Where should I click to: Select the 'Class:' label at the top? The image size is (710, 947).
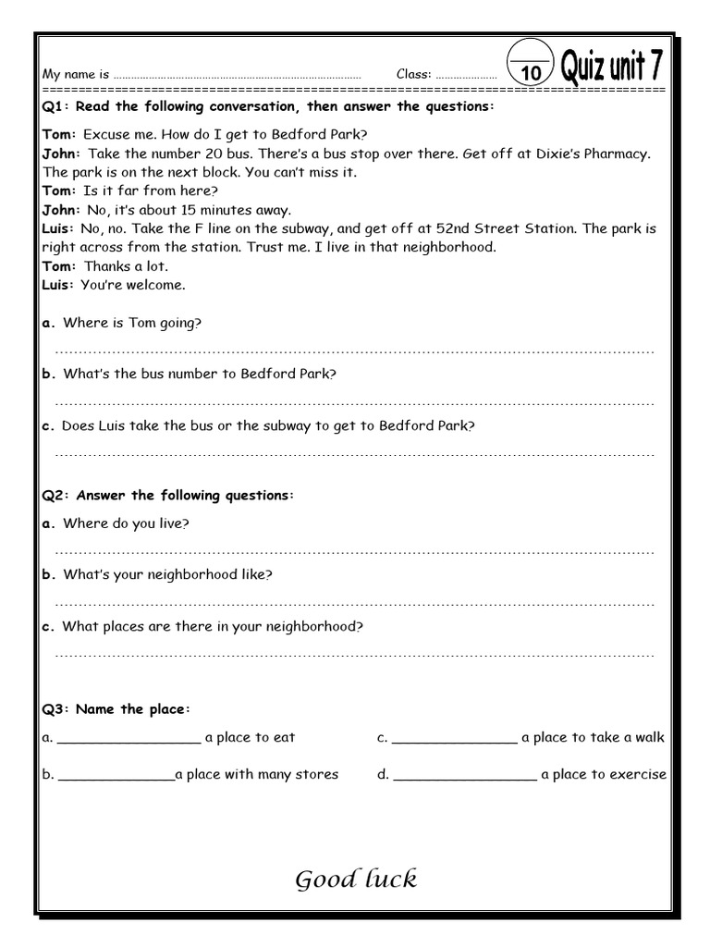click(414, 74)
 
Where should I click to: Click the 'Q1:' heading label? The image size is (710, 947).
click(56, 107)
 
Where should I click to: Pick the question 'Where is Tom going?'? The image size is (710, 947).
click(132, 323)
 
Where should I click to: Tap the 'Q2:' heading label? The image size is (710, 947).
click(56, 496)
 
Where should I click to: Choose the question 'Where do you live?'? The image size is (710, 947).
click(126, 523)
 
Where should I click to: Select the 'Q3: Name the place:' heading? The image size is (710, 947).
click(116, 709)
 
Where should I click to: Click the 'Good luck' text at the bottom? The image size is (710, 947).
click(356, 879)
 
